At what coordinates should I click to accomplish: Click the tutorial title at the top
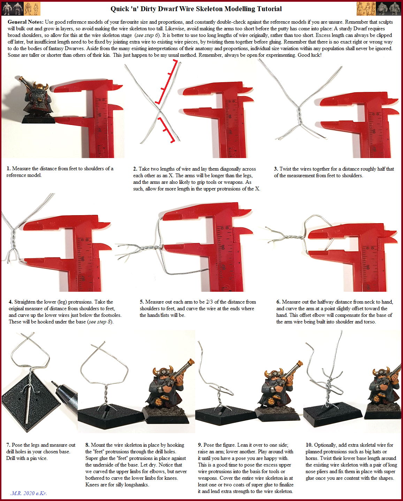pos(196,9)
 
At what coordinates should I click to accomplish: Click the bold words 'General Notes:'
pos(26,22)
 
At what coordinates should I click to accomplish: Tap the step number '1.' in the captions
pos(8,169)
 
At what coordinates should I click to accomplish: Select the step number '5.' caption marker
pos(142,302)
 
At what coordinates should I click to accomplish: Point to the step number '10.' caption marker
pos(309,445)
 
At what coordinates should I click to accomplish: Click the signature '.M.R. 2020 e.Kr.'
pos(29,493)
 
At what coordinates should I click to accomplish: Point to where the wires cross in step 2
pos(160,110)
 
